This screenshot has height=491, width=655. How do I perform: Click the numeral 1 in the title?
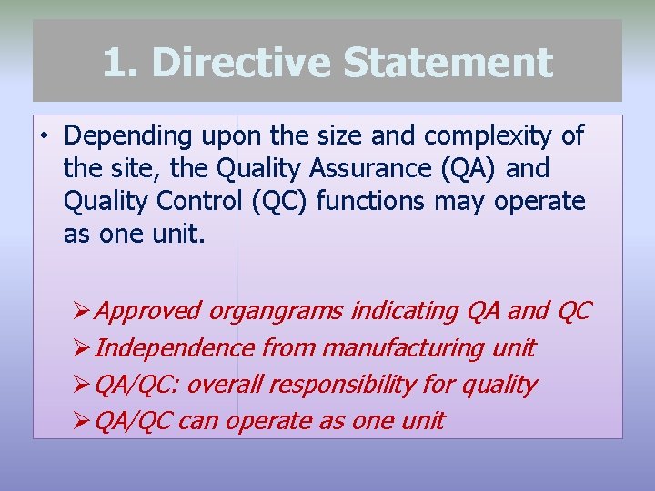pyautogui.click(x=113, y=64)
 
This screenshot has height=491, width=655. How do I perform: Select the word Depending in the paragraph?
pyautogui.click(x=128, y=137)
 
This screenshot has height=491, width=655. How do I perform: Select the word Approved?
pyautogui.click(x=147, y=311)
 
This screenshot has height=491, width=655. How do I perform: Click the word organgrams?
pyautogui.click(x=277, y=311)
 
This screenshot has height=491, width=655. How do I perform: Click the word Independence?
pyautogui.click(x=174, y=348)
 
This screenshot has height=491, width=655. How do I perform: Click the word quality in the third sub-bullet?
pyautogui.click(x=499, y=385)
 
